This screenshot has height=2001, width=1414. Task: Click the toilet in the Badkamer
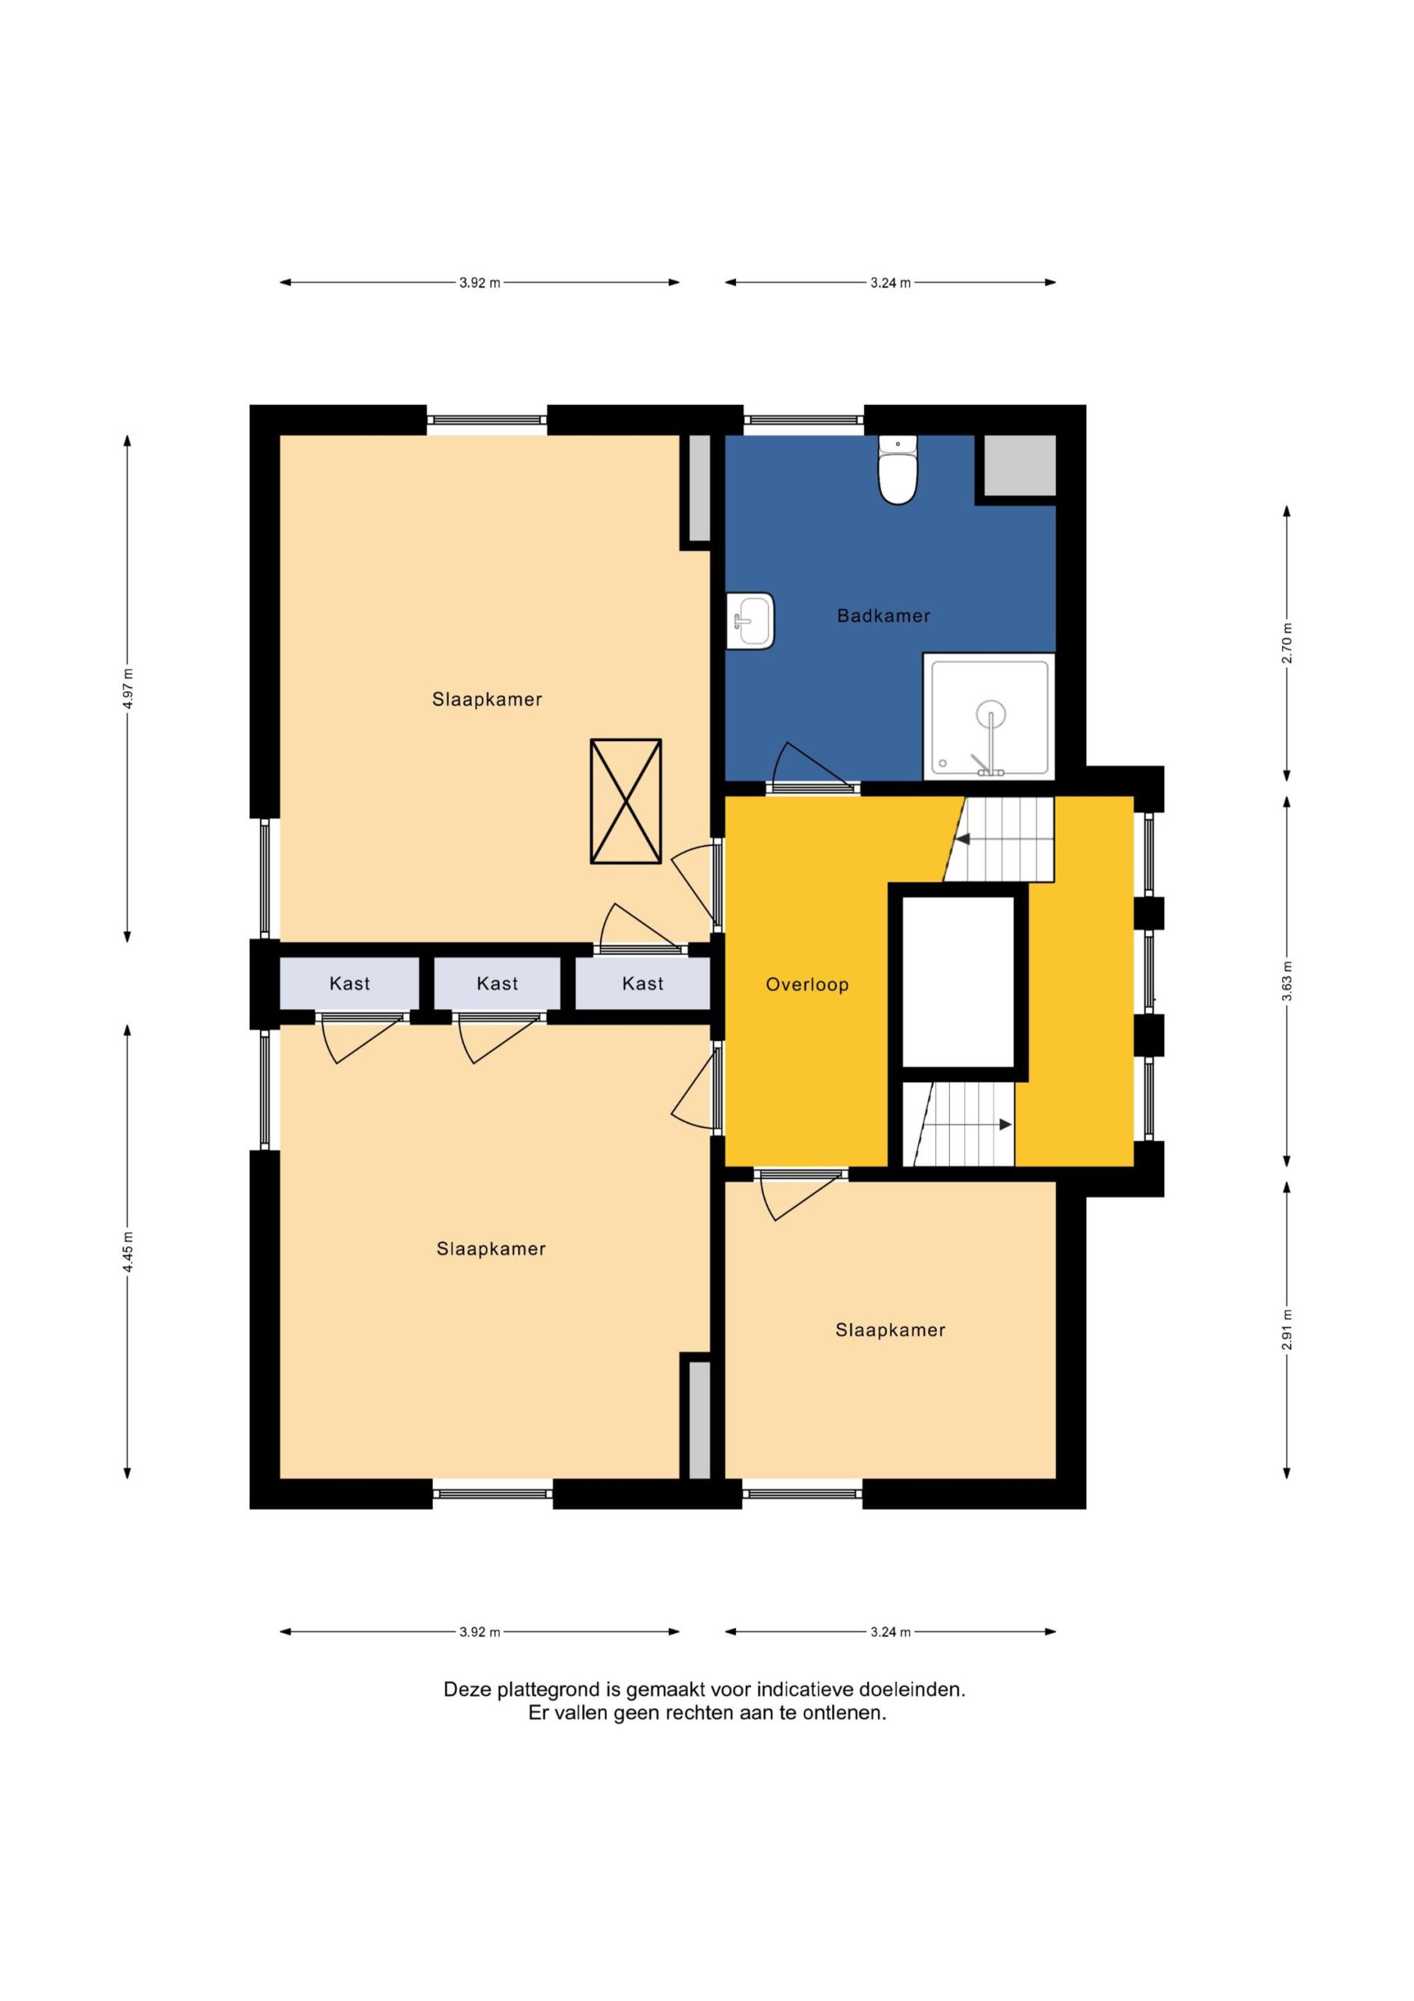pyautogui.click(x=898, y=470)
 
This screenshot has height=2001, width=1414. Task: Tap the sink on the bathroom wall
pyautogui.click(x=750, y=621)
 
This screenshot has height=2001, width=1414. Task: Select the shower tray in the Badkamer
pyautogui.click(x=989, y=717)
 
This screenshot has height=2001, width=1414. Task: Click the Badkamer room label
pyautogui.click(x=884, y=616)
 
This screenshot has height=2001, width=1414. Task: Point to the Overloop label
pyautogui.click(x=807, y=985)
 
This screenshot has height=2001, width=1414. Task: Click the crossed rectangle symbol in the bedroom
pyautogui.click(x=626, y=802)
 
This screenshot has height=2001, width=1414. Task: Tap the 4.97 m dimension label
pyautogui.click(x=128, y=689)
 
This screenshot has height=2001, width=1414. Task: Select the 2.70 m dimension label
pyautogui.click(x=1287, y=643)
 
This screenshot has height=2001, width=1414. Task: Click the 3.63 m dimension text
pyautogui.click(x=1287, y=983)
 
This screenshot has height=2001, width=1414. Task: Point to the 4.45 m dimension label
pyautogui.click(x=128, y=1251)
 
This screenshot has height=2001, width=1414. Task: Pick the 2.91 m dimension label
pyautogui.click(x=1287, y=1330)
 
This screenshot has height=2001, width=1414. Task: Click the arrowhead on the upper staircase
pyautogui.click(x=962, y=839)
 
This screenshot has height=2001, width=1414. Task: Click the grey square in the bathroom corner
pyautogui.click(x=1019, y=465)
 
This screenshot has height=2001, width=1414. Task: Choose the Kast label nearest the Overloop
pyautogui.click(x=643, y=984)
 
